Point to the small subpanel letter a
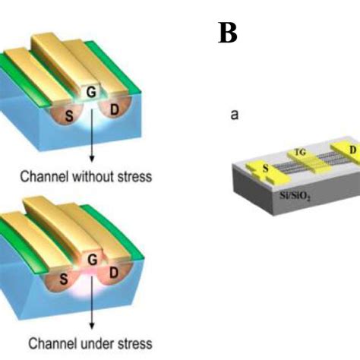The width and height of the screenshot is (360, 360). [235, 116]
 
